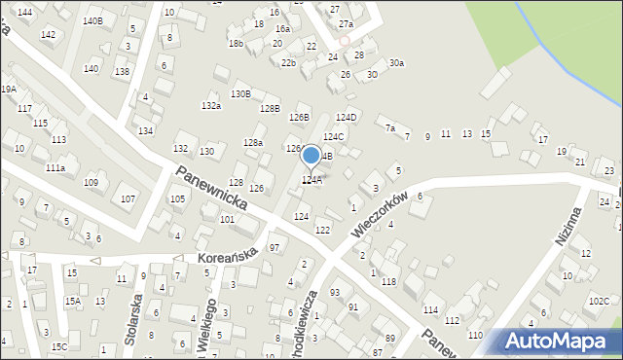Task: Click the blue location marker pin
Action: click(x=311, y=156)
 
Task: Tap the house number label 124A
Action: click(x=311, y=180)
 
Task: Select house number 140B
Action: click(x=92, y=20)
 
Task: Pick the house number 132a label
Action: click(x=211, y=105)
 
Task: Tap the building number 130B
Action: click(x=240, y=94)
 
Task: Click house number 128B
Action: click(x=270, y=108)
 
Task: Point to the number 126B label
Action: click(x=299, y=118)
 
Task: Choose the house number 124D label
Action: click(x=347, y=118)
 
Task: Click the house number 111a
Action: click(x=55, y=168)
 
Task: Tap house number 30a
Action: click(x=396, y=63)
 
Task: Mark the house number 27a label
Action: click(x=346, y=23)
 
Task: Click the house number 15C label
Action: click(x=59, y=346)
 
